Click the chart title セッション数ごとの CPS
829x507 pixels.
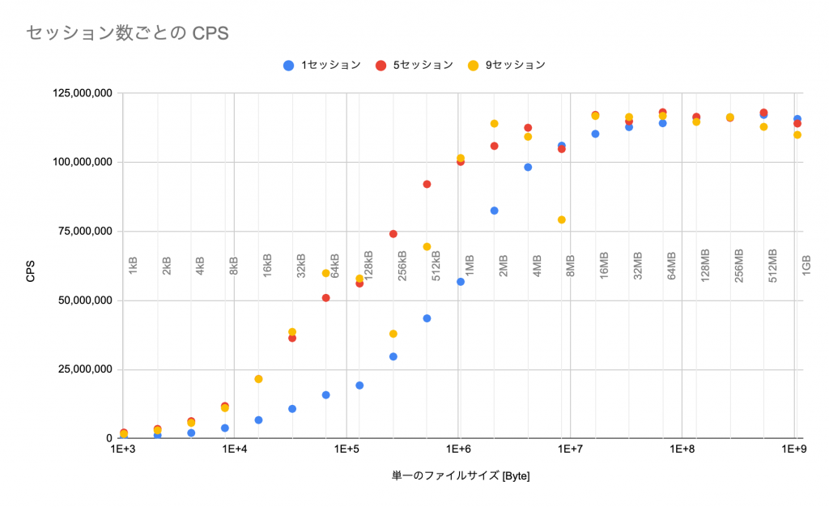[x=127, y=33]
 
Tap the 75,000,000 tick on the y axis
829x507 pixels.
[x=79, y=232]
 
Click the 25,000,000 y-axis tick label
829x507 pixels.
[x=79, y=369]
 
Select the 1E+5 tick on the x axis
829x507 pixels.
[x=346, y=449]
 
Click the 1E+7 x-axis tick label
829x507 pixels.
[x=571, y=449]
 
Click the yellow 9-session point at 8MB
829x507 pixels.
[x=561, y=220]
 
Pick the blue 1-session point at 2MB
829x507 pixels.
[x=494, y=211]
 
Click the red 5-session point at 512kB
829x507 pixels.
[x=427, y=184]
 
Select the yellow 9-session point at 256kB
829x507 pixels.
[x=393, y=334]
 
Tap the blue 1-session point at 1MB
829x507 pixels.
[x=461, y=282]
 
